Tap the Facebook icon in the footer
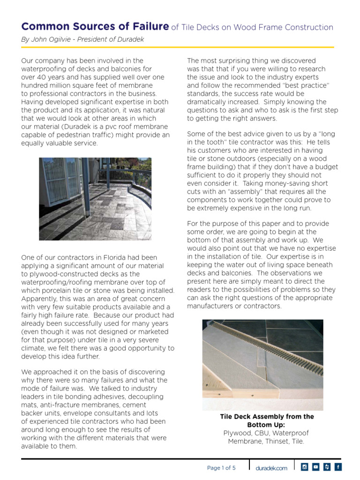tap(338, 466)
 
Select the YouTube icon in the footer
tap(315, 466)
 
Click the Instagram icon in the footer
tap(304, 466)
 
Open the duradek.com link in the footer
tap(271, 468)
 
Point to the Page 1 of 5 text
tap(221, 468)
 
